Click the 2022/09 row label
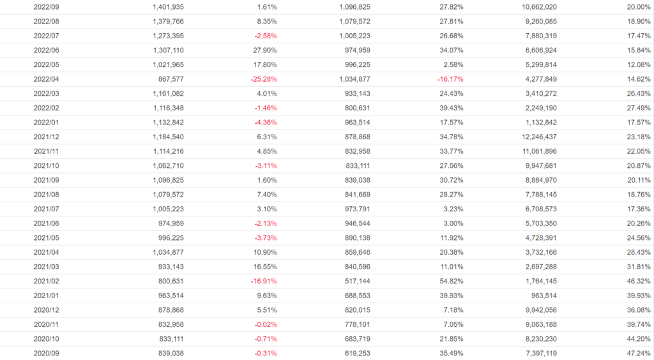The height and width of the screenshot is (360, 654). [47, 7]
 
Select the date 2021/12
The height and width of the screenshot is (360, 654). [47, 137]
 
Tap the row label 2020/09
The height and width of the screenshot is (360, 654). [47, 353]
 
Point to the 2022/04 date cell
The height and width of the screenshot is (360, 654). [47, 79]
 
